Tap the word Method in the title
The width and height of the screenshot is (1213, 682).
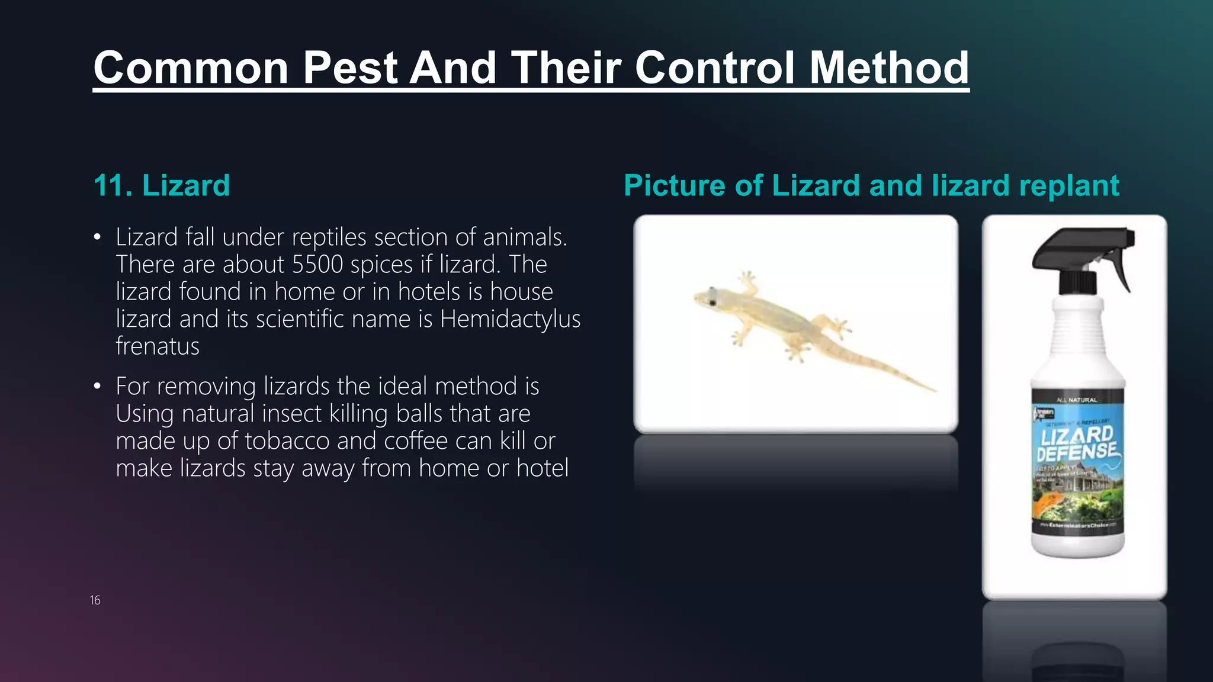pyautogui.click(x=888, y=67)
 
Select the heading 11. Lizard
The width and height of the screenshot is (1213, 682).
pyautogui.click(x=162, y=185)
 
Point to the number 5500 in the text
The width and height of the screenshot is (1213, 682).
pyautogui.click(x=317, y=264)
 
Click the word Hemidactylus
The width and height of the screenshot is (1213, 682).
pyautogui.click(x=510, y=319)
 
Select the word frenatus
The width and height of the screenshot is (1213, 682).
pyautogui.click(x=158, y=346)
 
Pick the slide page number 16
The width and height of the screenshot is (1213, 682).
pyautogui.click(x=95, y=600)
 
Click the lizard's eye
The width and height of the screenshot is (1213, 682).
pyautogui.click(x=713, y=303)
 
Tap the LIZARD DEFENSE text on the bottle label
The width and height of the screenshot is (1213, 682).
pyautogui.click(x=1077, y=443)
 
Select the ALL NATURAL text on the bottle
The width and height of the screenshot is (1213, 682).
pyautogui.click(x=1077, y=400)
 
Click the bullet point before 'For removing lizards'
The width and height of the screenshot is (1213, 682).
pyautogui.click(x=97, y=387)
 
